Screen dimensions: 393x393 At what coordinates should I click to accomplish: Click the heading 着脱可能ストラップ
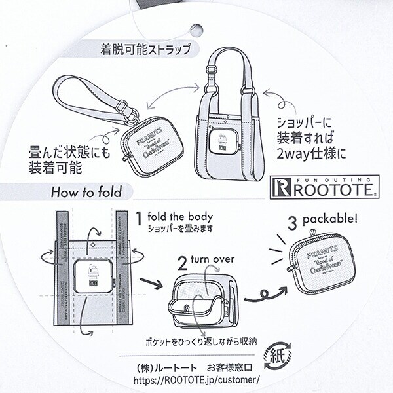[145, 49]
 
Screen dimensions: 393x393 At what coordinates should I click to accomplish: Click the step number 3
[292, 221]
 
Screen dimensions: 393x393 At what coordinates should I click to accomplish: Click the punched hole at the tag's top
[195, 29]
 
